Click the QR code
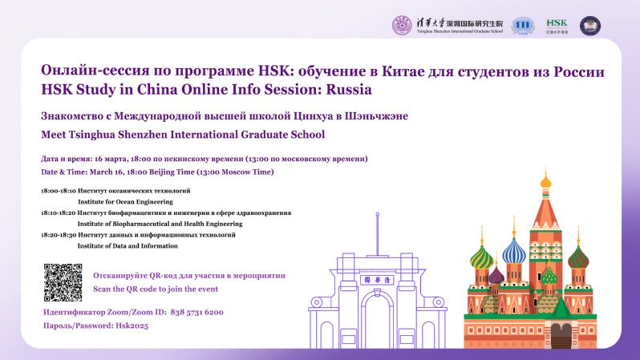click(x=63, y=282)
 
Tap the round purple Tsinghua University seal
click(x=402, y=26)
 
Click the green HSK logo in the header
click(x=557, y=26)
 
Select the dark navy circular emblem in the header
click(x=590, y=26)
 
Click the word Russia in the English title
click(x=349, y=89)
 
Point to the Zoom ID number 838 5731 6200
click(x=196, y=312)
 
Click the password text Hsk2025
click(x=132, y=326)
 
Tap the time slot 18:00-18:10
click(x=59, y=191)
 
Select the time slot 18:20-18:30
click(x=59, y=235)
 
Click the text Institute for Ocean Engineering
click(x=125, y=201)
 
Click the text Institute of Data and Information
click(x=128, y=245)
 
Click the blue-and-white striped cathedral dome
click(x=514, y=251)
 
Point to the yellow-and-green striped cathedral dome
click(x=482, y=257)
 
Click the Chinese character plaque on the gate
click(x=377, y=280)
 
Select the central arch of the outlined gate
click(x=377, y=315)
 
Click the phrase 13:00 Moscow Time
click(x=235, y=172)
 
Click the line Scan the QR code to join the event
click(x=156, y=289)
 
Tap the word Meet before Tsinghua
click(x=53, y=134)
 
